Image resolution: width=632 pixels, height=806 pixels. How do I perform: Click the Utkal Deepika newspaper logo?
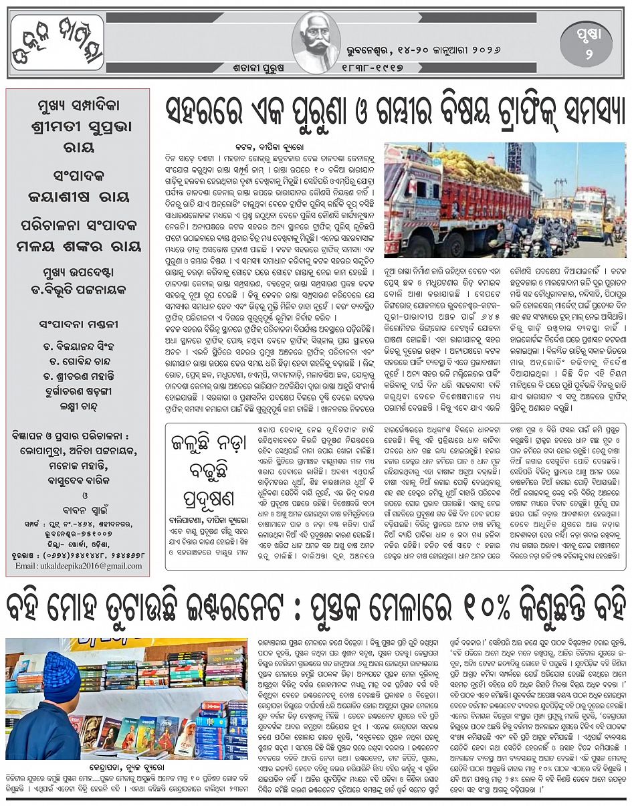pos(58,43)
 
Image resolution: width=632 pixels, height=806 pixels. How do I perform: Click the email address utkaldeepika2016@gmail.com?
pos(79,566)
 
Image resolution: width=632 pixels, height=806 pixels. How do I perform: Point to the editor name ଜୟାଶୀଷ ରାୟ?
pos(78,197)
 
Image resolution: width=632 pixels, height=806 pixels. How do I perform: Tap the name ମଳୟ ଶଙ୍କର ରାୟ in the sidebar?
pos(78,245)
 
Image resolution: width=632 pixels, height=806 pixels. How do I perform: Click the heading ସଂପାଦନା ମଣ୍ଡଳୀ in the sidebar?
pos(78,324)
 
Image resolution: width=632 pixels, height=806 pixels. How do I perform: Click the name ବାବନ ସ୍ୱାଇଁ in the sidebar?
pos(78,515)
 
